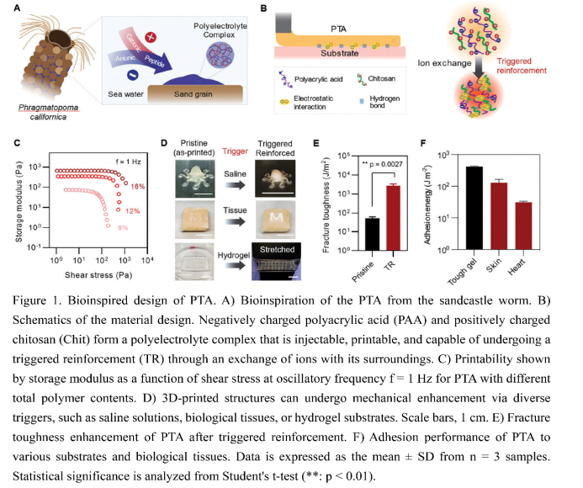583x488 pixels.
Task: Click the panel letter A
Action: (17, 8)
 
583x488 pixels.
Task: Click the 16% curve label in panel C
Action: (138, 186)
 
